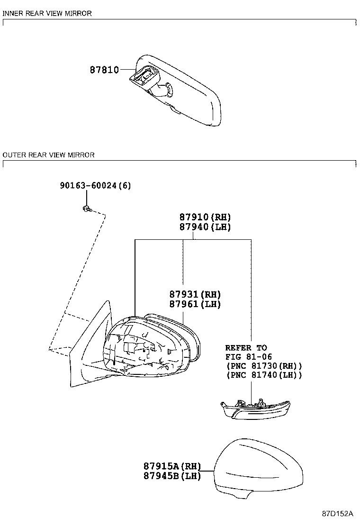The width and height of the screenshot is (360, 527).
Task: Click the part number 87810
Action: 104,70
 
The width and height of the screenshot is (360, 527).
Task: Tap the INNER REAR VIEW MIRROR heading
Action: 47,13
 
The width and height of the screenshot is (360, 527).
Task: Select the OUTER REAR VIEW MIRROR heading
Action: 49,155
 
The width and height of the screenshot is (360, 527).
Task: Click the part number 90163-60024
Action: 88,185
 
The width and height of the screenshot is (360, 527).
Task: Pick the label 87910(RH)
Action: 205,217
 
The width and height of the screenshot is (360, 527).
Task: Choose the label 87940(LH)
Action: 205,227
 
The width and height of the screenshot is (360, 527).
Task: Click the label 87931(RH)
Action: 195,294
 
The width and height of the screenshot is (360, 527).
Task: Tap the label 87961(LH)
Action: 195,304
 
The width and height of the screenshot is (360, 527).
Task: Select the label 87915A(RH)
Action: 172,466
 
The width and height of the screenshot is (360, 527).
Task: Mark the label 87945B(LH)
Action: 172,476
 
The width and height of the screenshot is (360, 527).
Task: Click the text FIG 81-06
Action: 249,357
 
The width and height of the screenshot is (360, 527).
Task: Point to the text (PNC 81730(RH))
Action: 264,366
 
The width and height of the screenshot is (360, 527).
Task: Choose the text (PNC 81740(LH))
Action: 264,375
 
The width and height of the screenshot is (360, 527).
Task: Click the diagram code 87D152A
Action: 337,514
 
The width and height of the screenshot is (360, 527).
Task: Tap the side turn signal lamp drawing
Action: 255,409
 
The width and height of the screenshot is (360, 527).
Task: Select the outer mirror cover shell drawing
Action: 259,468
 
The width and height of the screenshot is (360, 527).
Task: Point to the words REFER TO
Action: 246,348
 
